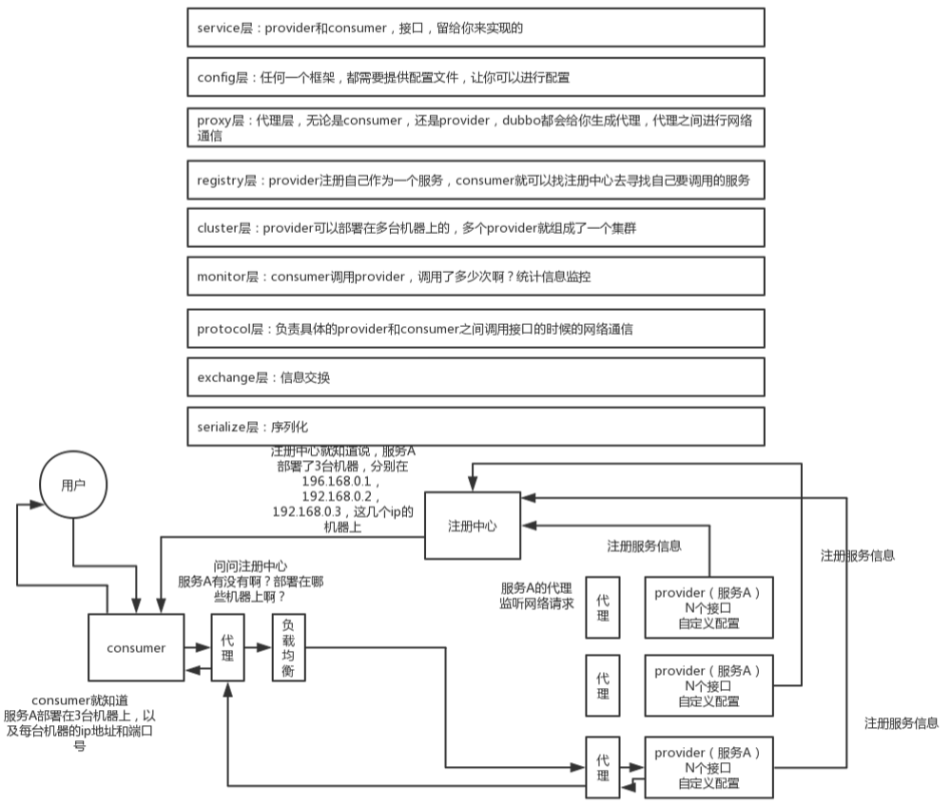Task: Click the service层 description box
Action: coord(476,28)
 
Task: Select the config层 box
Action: coord(476,77)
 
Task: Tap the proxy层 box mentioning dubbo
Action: coord(476,127)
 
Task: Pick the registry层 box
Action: coord(476,179)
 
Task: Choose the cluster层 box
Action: coord(476,227)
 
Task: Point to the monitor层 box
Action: coord(476,277)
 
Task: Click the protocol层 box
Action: coord(476,328)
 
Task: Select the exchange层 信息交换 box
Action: coord(476,377)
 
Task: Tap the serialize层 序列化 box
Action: coord(476,427)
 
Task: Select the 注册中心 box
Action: coord(472,526)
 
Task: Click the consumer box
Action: coord(136,647)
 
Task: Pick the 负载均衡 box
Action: coord(289,647)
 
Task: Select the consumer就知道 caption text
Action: coord(80,722)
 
